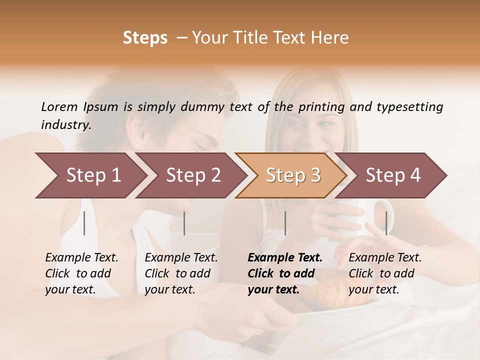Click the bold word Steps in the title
[145, 38]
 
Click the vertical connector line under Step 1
[84, 223]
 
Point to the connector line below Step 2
[184, 223]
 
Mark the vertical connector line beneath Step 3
[285, 223]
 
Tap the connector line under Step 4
[386, 223]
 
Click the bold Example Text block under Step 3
[284, 273]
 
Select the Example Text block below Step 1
[81, 273]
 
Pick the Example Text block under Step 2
[181, 273]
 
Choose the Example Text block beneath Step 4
[385, 273]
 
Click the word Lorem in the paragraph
[59, 106]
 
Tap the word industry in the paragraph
[65, 124]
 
